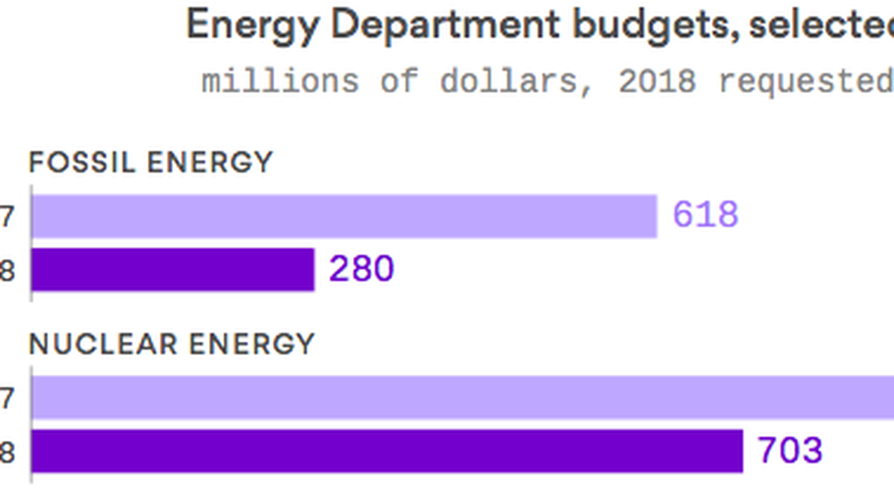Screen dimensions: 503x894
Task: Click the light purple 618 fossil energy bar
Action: point(345,217)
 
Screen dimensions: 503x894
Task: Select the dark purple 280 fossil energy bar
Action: point(173,270)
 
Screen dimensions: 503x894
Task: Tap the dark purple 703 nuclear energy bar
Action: point(387,451)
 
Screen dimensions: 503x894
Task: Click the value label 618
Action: point(705,215)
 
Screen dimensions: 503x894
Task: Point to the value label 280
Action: point(361,269)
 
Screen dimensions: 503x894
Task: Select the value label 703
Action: point(790,450)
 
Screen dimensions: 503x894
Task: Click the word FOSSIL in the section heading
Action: point(82,163)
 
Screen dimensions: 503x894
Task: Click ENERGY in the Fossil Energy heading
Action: point(210,163)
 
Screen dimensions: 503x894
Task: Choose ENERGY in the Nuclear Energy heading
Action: point(252,344)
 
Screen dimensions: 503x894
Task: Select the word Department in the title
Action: point(445,25)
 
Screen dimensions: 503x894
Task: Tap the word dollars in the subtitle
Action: point(516,82)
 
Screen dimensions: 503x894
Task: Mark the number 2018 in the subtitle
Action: point(657,82)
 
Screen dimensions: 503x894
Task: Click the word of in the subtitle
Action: point(400,82)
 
